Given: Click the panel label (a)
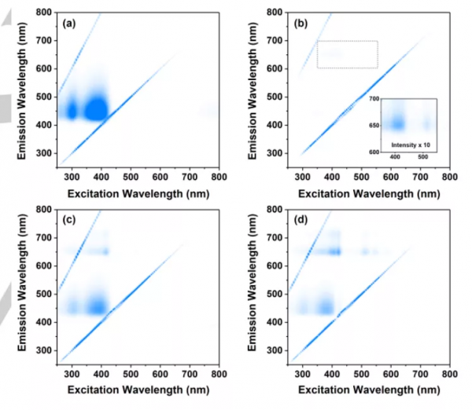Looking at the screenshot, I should click(x=69, y=23).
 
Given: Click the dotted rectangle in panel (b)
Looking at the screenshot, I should click(x=347, y=54).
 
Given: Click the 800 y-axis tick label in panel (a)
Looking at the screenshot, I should click(x=44, y=13).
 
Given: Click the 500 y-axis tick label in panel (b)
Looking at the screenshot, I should click(x=275, y=97).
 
